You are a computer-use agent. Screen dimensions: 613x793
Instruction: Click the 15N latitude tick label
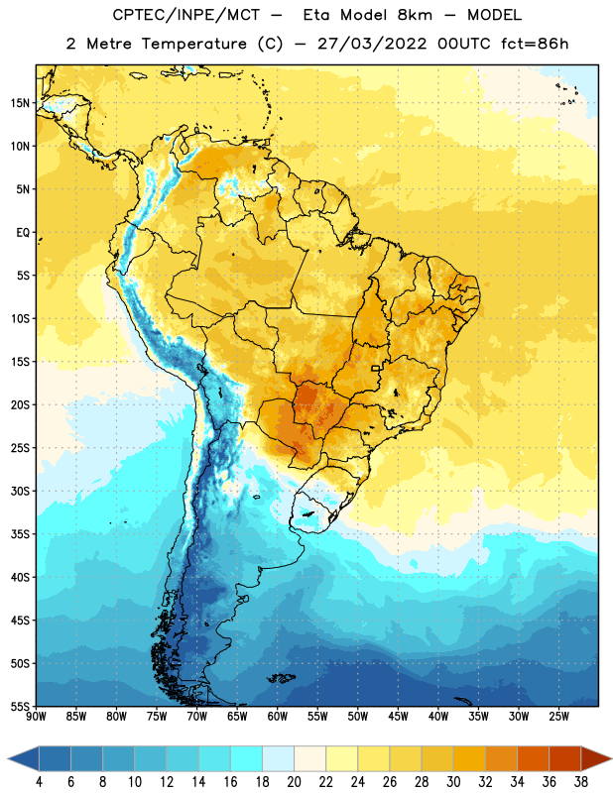coord(20,103)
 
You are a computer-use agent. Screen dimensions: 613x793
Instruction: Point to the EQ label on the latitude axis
coord(23,233)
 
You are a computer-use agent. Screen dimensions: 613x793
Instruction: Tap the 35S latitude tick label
coord(20,534)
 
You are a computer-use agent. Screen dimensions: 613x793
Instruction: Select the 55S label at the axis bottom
coord(20,706)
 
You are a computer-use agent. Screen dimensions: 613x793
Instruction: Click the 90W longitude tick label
coord(37,717)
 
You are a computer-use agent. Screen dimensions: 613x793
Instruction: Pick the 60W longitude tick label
coord(278,717)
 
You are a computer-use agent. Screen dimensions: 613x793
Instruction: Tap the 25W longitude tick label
coord(558,717)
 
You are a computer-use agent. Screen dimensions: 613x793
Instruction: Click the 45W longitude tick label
coord(398,717)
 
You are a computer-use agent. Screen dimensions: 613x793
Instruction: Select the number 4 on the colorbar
coord(39,782)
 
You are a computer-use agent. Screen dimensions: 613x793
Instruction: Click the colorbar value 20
coord(294,782)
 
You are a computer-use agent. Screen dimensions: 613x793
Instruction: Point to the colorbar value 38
coord(580,782)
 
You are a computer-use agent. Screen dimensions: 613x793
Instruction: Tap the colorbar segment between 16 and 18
coord(246,758)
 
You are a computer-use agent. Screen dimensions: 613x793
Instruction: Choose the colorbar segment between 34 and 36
coord(533,758)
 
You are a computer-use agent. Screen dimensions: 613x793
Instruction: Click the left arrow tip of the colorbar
coord(8,758)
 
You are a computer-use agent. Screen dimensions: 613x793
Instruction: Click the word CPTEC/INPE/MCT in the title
coord(186,15)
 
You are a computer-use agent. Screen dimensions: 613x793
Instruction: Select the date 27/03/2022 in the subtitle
coord(372,44)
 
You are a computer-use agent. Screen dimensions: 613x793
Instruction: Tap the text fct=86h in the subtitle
coord(535,44)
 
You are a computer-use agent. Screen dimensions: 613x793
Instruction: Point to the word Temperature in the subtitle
coord(193,44)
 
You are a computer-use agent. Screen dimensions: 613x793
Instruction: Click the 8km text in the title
coord(415,15)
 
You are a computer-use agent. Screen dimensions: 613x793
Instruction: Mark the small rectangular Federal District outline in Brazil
coord(376,368)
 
